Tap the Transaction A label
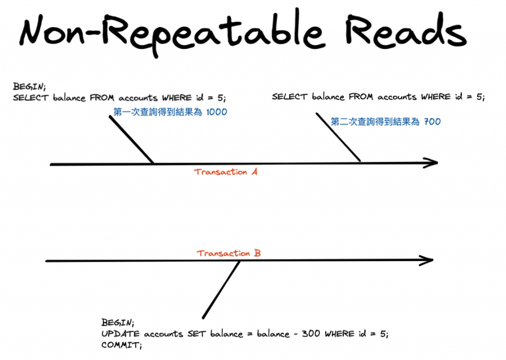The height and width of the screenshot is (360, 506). pos(226,172)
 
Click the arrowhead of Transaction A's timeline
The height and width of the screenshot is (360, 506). pos(432,162)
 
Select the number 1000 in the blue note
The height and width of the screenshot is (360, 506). pos(216,112)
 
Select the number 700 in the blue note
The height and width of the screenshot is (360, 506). pos(432,121)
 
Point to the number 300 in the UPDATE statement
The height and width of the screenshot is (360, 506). pos(310,334)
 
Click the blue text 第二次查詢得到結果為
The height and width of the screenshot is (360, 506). pos(375,121)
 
